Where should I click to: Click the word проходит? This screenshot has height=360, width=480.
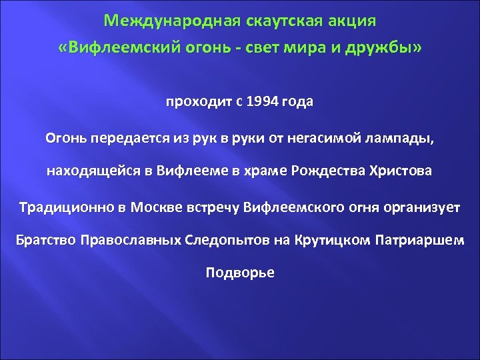point(197,103)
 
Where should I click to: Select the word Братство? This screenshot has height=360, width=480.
point(45,240)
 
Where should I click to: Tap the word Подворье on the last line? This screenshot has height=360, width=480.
point(240,273)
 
